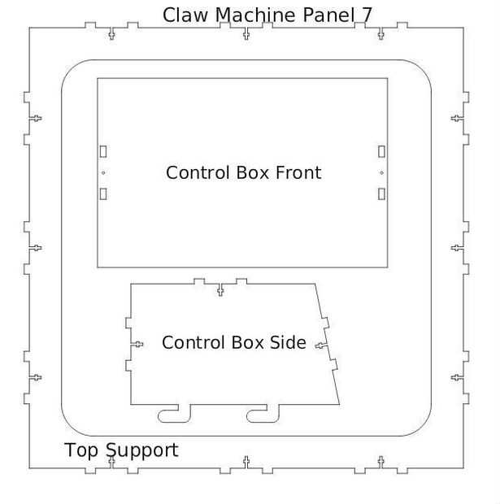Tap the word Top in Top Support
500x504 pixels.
tap(83, 450)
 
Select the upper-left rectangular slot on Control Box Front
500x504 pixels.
tap(103, 151)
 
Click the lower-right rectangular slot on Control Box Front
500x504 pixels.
tap(381, 193)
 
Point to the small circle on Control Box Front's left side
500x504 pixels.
tap(103, 172)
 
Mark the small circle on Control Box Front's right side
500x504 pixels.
tap(381, 172)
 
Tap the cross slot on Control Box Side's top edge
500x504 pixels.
tap(220, 289)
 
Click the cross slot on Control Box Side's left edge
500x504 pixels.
tap(137, 344)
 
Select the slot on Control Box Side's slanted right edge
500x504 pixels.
tap(321, 347)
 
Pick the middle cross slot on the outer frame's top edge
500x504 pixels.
tap(246, 33)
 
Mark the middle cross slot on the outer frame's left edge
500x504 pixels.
tap(35, 247)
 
